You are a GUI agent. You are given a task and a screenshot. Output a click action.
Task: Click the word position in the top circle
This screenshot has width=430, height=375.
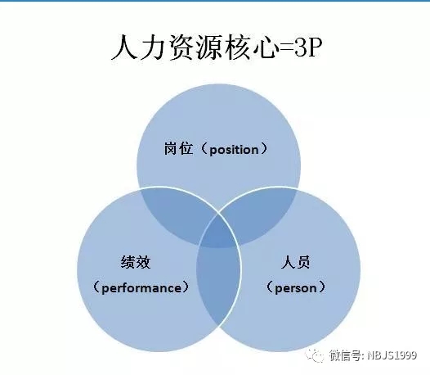[234, 150]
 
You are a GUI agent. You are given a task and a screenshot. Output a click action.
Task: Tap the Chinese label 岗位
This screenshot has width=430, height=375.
[178, 149]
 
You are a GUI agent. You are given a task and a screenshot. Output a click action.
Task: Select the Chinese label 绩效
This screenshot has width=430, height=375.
[136, 262]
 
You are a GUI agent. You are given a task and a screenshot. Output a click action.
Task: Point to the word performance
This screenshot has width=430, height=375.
[141, 288]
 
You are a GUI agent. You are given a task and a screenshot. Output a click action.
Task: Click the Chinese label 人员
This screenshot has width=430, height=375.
[295, 262]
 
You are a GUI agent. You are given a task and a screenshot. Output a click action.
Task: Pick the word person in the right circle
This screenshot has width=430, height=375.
[295, 288]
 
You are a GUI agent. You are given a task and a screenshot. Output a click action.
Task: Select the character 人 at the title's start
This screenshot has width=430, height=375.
[125, 47]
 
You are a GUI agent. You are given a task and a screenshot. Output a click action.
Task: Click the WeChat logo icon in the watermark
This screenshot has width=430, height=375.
[315, 355]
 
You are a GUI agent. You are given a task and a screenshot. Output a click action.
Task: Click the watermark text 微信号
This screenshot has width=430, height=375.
[346, 355]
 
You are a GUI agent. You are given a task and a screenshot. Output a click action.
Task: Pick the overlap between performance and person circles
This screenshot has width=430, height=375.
[218, 286]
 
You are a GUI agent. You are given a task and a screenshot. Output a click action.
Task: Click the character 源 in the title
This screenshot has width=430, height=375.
[209, 47]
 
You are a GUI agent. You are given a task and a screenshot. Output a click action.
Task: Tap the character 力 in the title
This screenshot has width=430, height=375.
[153, 47]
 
